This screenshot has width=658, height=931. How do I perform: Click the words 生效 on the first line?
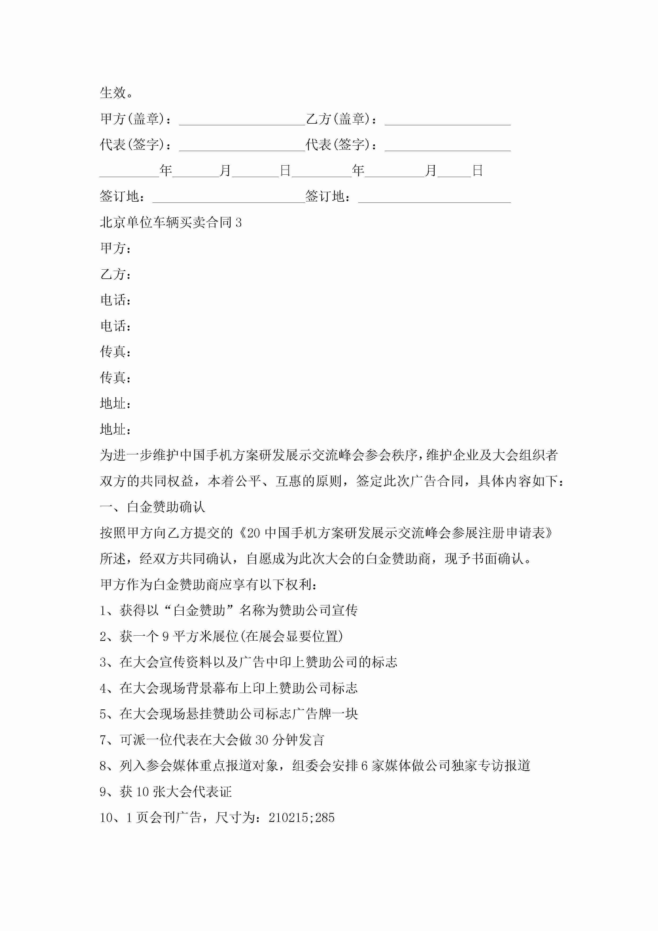click(x=113, y=93)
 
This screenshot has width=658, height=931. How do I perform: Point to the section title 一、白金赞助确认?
click(x=153, y=507)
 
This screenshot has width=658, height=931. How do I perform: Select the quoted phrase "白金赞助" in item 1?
click(x=199, y=610)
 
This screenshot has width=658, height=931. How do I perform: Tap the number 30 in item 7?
click(x=262, y=740)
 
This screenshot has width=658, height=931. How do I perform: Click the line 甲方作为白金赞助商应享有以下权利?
click(x=208, y=584)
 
